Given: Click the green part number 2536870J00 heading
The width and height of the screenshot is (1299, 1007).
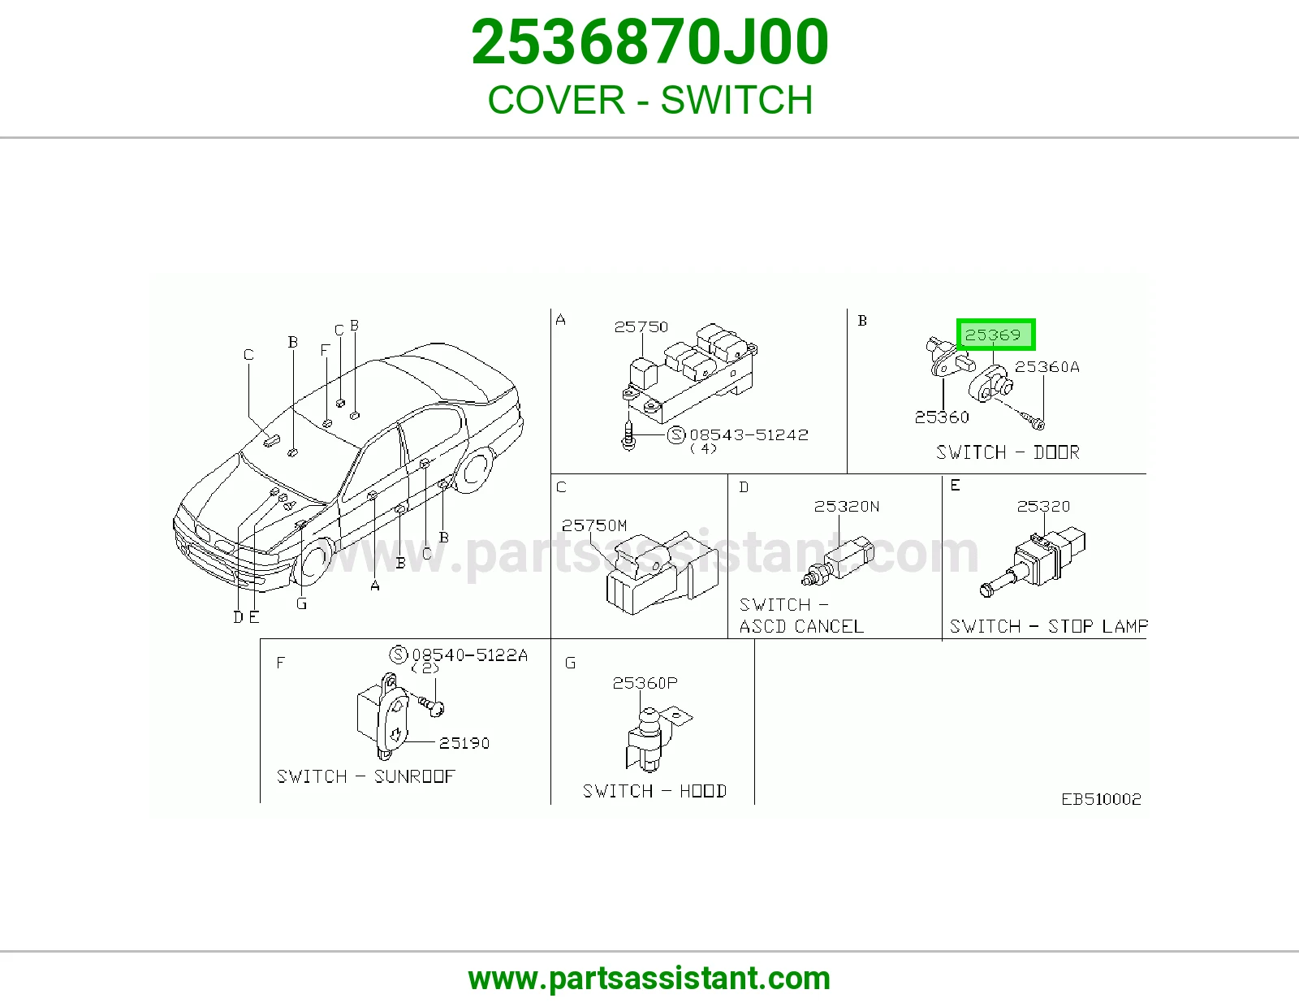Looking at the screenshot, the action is coord(649,42).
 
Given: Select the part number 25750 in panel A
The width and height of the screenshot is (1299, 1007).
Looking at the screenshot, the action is coord(641,326).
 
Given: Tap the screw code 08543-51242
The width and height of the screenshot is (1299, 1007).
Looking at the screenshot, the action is coord(749,434).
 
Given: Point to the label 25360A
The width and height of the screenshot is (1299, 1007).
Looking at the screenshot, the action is coord(1047,366).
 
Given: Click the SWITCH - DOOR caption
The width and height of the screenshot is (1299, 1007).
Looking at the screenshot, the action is coord(1008,452).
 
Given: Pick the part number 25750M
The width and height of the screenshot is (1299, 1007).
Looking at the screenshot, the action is coord(594,525).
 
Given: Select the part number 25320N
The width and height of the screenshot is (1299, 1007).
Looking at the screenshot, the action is coord(847,507).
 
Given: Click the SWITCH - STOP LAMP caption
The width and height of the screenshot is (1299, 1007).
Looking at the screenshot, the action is coord(1048,626).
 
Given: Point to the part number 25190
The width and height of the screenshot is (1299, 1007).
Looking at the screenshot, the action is coord(464,743).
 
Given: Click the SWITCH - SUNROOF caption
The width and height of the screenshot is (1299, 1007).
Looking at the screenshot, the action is coord(366,776).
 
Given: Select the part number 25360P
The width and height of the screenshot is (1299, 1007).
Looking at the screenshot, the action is coord(645,683).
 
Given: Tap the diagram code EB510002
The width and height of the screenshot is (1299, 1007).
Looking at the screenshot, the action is coord(1101,799).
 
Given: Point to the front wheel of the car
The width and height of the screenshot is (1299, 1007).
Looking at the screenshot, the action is coord(313,561).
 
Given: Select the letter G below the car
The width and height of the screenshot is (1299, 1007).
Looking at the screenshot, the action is coord(302,603).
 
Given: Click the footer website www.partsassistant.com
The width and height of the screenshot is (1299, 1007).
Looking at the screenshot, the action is coord(649,979).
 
